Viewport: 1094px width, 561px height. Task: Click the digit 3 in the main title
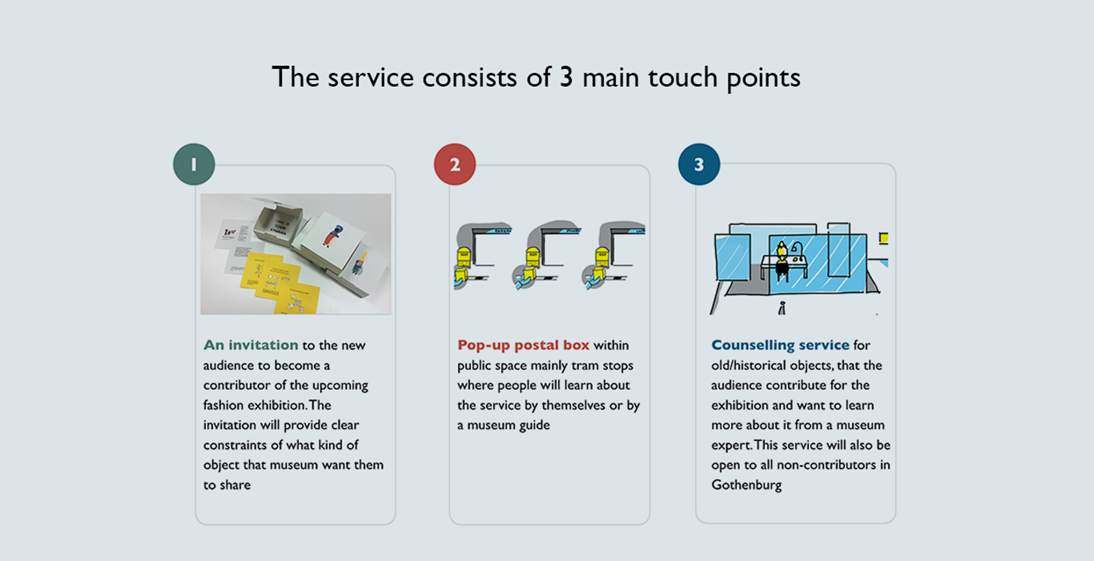(x=566, y=77)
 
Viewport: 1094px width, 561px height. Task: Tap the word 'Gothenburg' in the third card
(x=746, y=485)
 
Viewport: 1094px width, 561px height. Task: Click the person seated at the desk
(x=781, y=259)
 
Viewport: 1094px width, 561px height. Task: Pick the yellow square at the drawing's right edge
(x=884, y=238)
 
